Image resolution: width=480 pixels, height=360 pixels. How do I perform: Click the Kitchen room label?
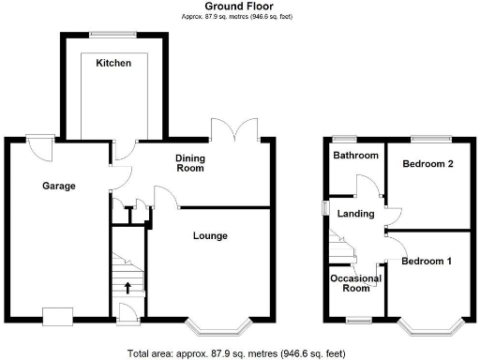(x=112, y=63)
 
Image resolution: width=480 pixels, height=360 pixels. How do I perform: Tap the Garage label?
(x=58, y=186)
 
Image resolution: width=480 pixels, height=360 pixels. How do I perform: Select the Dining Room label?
(x=190, y=163)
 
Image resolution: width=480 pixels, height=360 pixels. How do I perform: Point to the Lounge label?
(x=210, y=235)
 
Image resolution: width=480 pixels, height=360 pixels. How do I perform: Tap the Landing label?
(x=355, y=215)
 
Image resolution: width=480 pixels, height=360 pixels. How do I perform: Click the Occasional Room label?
(x=355, y=284)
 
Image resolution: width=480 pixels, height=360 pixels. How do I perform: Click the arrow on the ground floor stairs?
(x=127, y=287)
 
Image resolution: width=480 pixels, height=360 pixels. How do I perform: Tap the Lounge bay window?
(x=217, y=327)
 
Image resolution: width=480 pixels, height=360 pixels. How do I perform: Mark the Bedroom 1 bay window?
(x=432, y=327)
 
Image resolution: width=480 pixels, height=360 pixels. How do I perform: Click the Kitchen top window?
(x=112, y=36)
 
